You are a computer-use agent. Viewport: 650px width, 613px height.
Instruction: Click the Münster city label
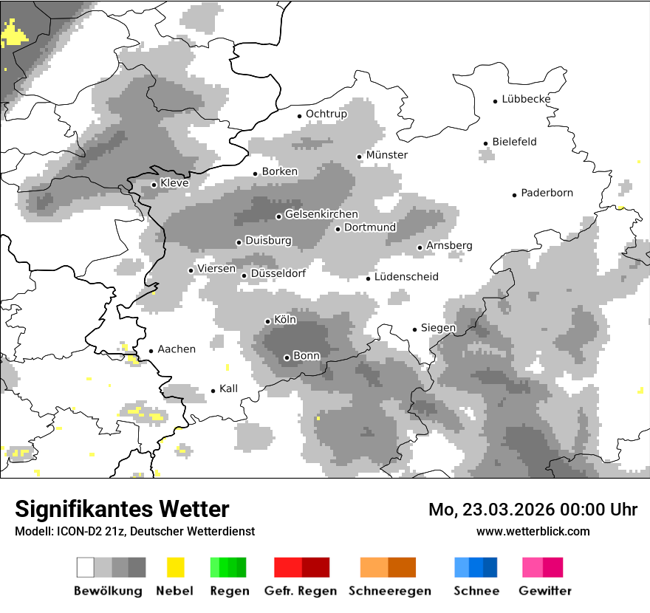[387, 155]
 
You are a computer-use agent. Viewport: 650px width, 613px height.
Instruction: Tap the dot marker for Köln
[268, 321]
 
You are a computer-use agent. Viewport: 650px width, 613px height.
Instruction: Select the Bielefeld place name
[514, 142]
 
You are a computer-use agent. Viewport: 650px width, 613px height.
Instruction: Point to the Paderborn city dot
[515, 195]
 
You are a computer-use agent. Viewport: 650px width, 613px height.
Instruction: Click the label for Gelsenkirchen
[321, 215]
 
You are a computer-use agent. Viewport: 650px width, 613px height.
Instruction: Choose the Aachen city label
[177, 349]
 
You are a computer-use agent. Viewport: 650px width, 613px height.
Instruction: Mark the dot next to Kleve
[154, 185]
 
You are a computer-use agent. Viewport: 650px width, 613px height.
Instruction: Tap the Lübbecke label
[526, 99]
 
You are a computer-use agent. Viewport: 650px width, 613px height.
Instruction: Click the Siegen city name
[438, 328]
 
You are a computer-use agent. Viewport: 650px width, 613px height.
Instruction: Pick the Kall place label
[229, 388]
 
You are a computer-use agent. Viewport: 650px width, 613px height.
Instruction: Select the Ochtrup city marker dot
[299, 115]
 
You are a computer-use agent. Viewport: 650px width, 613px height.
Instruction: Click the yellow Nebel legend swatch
[175, 567]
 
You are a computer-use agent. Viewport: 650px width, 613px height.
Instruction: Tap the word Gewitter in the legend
[545, 591]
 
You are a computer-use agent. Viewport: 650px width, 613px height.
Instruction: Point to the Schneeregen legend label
[390, 591]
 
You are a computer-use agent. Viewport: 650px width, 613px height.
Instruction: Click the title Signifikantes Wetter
[122, 509]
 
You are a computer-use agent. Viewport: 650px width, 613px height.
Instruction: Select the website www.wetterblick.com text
[533, 531]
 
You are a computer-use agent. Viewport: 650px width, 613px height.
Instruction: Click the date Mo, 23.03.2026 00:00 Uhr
[533, 510]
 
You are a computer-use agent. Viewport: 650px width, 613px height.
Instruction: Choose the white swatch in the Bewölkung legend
[86, 567]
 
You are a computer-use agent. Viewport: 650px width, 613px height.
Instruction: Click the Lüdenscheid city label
[406, 277]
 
